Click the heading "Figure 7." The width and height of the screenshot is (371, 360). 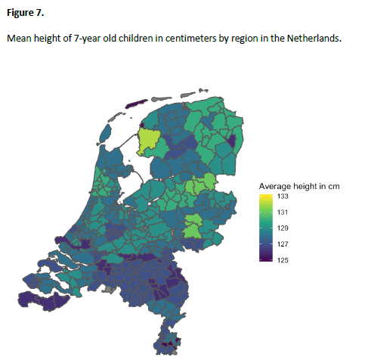26,12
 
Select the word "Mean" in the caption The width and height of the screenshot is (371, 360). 20,38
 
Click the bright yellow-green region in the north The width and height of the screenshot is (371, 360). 150,141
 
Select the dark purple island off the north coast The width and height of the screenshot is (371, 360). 135,106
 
